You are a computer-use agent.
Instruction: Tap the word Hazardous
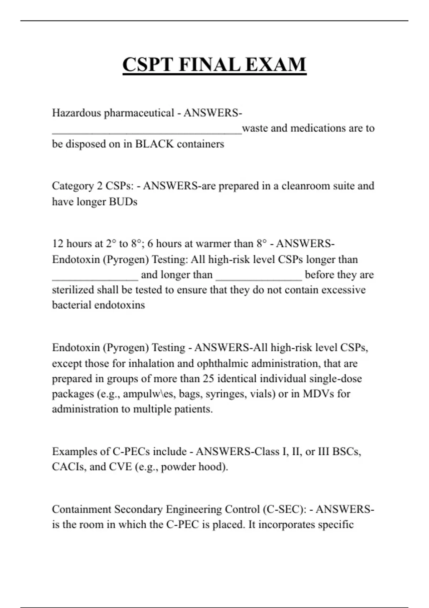77,113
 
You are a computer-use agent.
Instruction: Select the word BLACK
154,144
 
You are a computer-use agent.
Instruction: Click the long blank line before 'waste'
147,132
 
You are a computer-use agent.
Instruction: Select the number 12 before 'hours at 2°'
58,244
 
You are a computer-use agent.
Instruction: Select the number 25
208,379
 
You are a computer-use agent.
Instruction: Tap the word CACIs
67,467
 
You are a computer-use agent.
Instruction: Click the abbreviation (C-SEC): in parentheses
285,509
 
